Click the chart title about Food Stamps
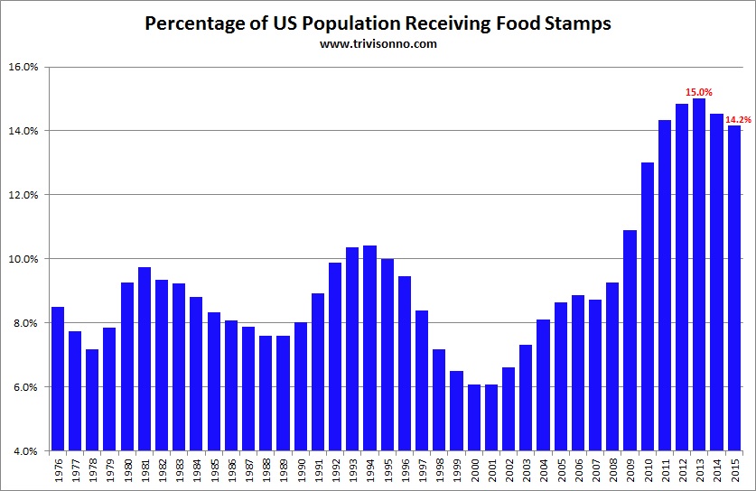(378, 24)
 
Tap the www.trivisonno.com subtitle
(378, 43)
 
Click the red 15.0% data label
(699, 92)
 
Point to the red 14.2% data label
(738, 119)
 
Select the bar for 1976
(58, 378)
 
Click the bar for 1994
(369, 347)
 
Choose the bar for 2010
(647, 306)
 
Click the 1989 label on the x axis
(283, 470)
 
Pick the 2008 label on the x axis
(612, 470)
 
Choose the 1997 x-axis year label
(422, 470)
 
